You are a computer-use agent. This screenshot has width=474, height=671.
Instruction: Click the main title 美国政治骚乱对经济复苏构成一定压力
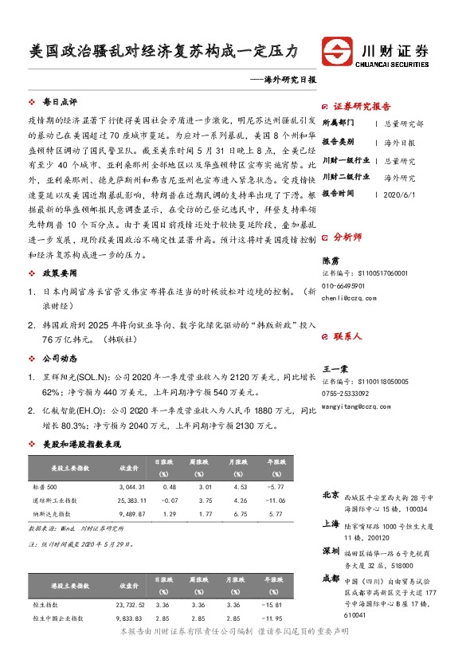[x=163, y=51]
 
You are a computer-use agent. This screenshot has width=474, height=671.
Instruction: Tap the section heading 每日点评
[x=60, y=103]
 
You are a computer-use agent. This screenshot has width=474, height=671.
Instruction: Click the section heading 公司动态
[x=60, y=358]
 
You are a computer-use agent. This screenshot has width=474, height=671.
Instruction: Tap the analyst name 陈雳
[x=330, y=261]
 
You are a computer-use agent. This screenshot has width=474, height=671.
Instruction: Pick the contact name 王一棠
[x=335, y=370]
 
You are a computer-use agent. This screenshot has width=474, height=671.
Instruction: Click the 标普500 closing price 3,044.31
[x=131, y=486]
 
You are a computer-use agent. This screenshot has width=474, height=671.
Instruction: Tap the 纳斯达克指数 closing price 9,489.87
[x=131, y=514]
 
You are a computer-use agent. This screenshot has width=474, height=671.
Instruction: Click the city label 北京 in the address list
[x=331, y=495]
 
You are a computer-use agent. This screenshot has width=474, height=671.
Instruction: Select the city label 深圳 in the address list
[x=331, y=551]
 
